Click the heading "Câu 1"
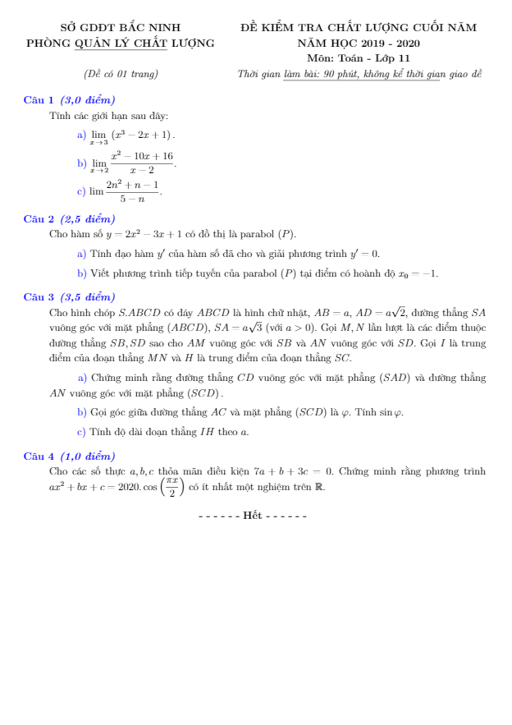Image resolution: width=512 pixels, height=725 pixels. (x=39, y=100)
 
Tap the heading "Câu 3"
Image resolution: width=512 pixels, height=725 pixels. (x=39, y=296)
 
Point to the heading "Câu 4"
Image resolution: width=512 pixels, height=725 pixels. (x=39, y=456)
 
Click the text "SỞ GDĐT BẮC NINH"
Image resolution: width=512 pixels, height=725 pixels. (x=120, y=27)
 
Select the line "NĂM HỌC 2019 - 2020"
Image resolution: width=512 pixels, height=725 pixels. (x=358, y=43)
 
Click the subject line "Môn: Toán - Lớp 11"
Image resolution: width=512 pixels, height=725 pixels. (x=359, y=58)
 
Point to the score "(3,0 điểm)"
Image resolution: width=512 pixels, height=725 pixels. (x=88, y=100)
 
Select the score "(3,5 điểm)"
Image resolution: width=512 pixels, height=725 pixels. (x=88, y=296)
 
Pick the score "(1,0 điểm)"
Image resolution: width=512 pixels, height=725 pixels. (x=88, y=456)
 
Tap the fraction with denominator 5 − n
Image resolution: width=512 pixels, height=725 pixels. (x=132, y=191)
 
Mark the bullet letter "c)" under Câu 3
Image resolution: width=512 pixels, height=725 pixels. (x=81, y=431)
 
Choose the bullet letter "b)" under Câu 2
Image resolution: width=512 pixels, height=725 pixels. (x=81, y=273)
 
